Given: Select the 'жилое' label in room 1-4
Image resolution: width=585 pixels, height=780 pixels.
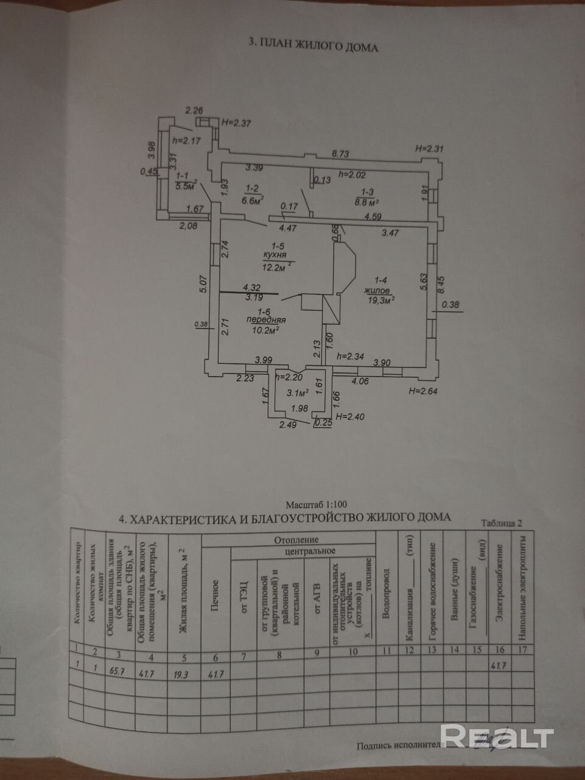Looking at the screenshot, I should coord(377,290).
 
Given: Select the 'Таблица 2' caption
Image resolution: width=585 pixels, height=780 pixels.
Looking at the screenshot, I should coord(502,522).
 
